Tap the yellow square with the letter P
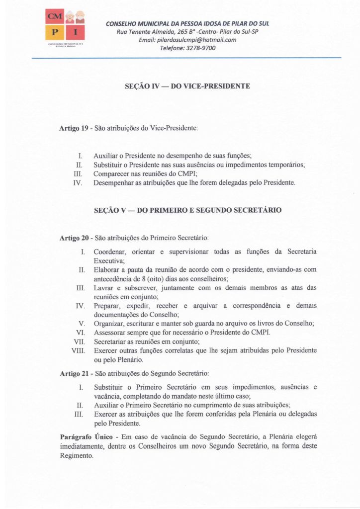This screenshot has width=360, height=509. click(53, 33)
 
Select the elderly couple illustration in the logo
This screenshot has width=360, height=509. click(73, 16)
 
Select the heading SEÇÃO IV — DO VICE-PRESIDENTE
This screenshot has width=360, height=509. click(187, 86)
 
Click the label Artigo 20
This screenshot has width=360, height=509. click(75, 238)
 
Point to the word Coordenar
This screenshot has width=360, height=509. click(109, 252)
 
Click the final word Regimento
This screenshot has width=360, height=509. click(76, 455)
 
